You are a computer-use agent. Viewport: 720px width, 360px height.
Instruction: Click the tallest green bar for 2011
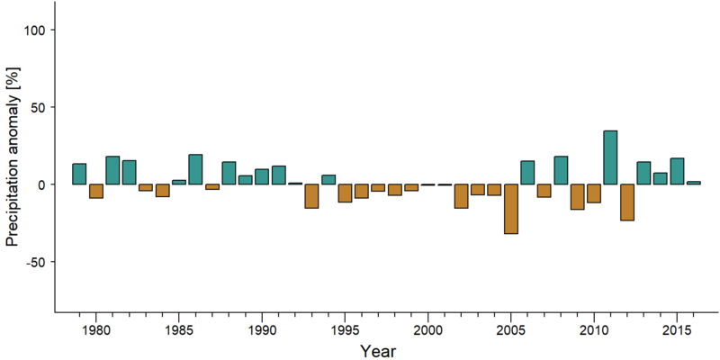pyautogui.click(x=610, y=157)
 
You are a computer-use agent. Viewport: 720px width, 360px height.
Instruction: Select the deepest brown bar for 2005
pyautogui.click(x=510, y=209)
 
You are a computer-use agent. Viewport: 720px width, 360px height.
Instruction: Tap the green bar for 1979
pyautogui.click(x=79, y=174)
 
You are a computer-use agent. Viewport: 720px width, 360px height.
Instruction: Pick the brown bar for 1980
pyautogui.click(x=96, y=191)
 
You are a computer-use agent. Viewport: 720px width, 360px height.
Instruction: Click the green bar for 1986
pyautogui.click(x=195, y=169)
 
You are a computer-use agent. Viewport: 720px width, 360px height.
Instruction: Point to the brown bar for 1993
pyautogui.click(x=311, y=196)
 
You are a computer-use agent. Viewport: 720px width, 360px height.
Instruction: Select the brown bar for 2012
pyautogui.click(x=626, y=202)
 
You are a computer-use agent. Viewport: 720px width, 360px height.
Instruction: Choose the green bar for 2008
pyautogui.click(x=561, y=170)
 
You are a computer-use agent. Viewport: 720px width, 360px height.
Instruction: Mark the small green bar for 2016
pyautogui.click(x=693, y=183)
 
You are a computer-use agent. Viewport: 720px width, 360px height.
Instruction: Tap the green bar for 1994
pyautogui.click(x=328, y=179)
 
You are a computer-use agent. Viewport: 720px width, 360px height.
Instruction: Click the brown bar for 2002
pyautogui.click(x=461, y=196)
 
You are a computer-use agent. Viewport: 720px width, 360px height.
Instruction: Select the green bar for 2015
pyautogui.click(x=677, y=171)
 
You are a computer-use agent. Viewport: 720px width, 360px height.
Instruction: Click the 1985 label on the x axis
pyautogui.click(x=178, y=330)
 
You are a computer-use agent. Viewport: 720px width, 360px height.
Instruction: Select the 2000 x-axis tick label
pyautogui.click(x=428, y=330)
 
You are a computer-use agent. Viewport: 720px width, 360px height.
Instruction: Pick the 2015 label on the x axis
pyautogui.click(x=677, y=330)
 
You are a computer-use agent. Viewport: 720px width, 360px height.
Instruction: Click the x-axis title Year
pyautogui.click(x=377, y=351)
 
